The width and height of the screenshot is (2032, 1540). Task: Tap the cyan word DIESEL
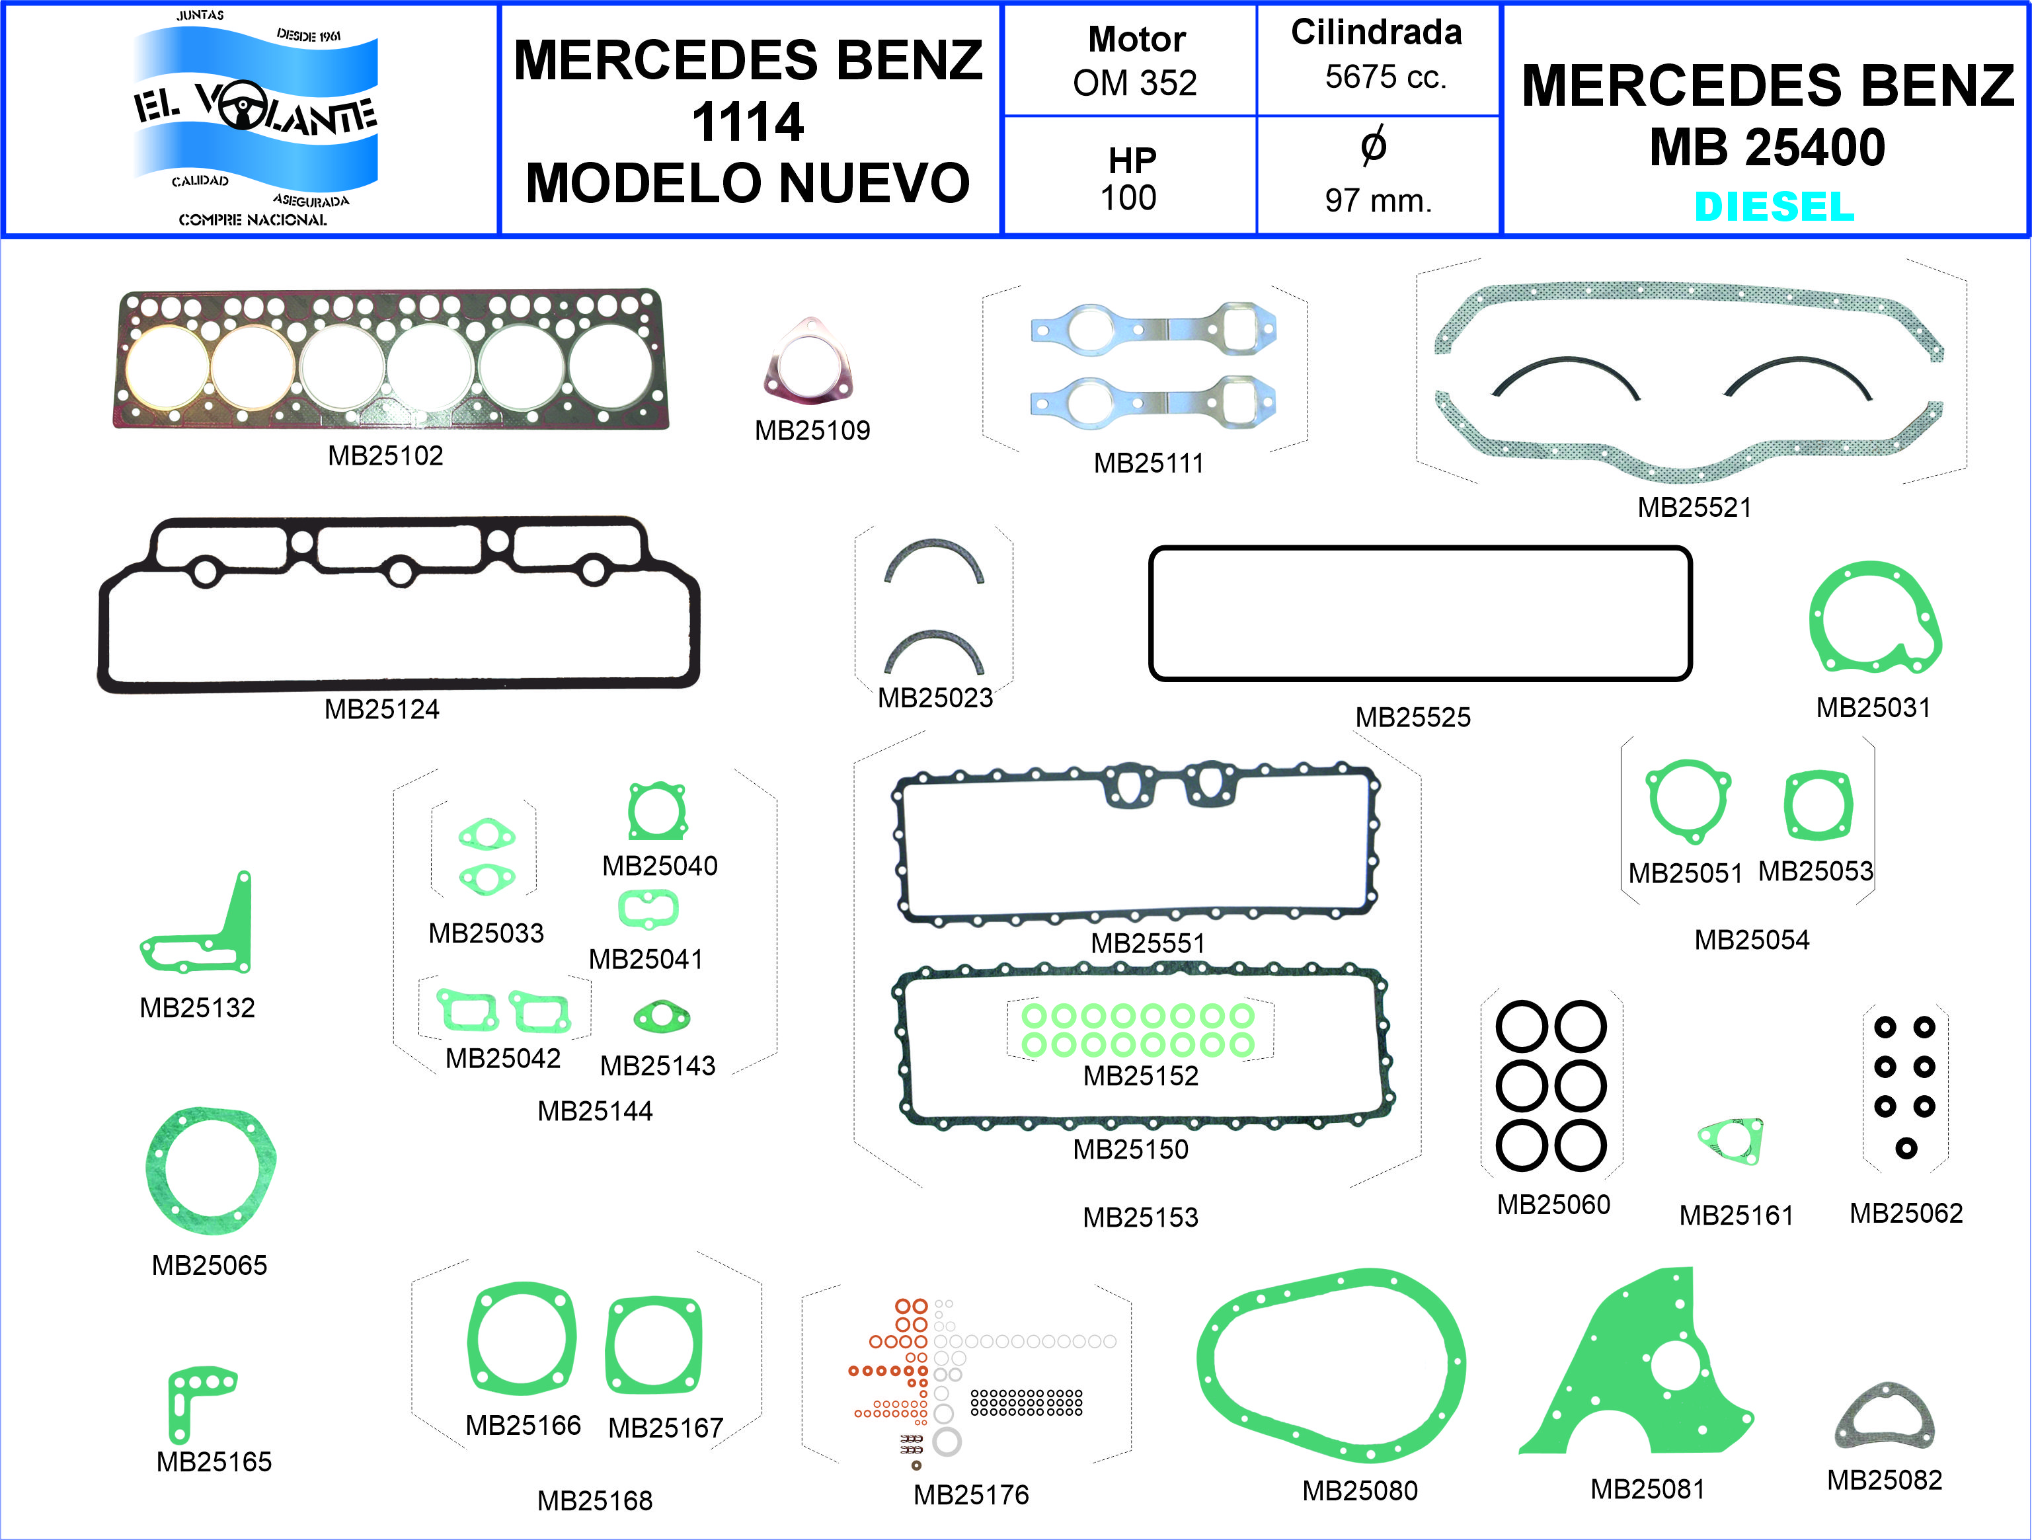1774,207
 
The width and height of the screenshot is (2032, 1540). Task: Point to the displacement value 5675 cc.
1386,77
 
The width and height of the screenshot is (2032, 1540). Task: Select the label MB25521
1694,507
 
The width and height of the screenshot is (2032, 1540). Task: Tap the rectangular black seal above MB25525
1419,550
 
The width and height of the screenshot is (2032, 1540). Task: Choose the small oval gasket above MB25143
662,1017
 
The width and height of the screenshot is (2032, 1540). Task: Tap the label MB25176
971,1495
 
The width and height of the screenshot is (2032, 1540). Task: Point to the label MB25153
1140,1217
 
